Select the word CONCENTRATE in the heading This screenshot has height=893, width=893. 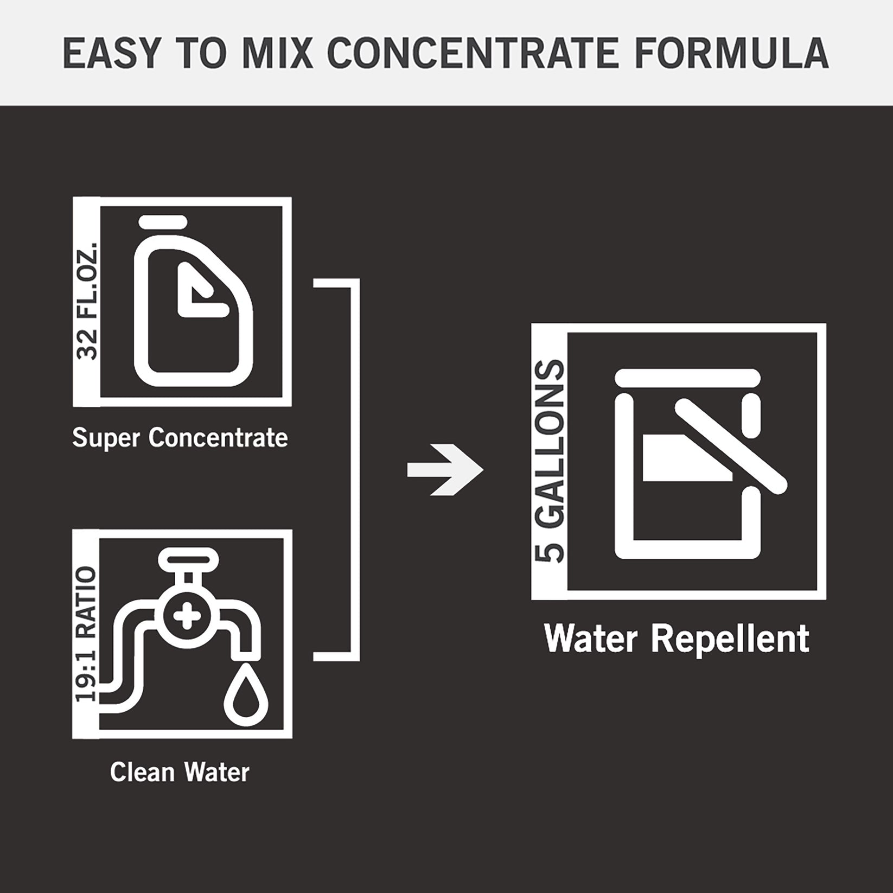pyautogui.click(x=473, y=53)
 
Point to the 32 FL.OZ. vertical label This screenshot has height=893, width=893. pyautogui.click(x=87, y=302)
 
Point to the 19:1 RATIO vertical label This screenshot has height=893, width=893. pyautogui.click(x=87, y=635)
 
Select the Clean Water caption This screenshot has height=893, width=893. pyautogui.click(x=180, y=772)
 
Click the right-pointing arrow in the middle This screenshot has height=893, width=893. pyautogui.click(x=445, y=470)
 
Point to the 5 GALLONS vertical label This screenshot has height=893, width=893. pyautogui.click(x=549, y=461)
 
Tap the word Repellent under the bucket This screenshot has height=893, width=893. pyautogui.click(x=730, y=639)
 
